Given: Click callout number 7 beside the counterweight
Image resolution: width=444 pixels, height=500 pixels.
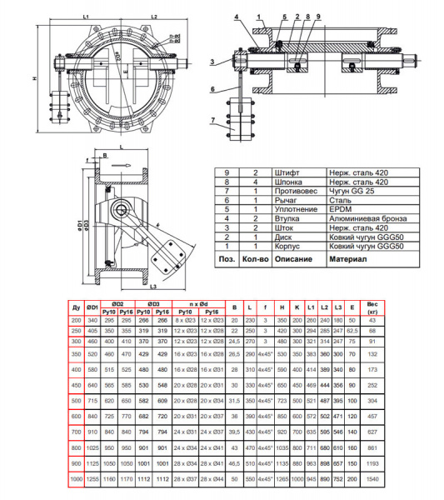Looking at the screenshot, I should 215,120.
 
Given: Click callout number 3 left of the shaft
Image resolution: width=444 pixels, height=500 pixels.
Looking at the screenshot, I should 213,61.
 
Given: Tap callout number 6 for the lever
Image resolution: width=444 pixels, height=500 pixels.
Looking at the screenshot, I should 214,88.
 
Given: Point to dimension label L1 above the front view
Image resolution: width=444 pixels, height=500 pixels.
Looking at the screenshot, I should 87,16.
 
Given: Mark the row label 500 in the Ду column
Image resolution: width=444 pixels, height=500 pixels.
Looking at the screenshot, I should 76,401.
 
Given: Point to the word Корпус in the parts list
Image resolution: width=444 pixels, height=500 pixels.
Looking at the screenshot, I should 287,247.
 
